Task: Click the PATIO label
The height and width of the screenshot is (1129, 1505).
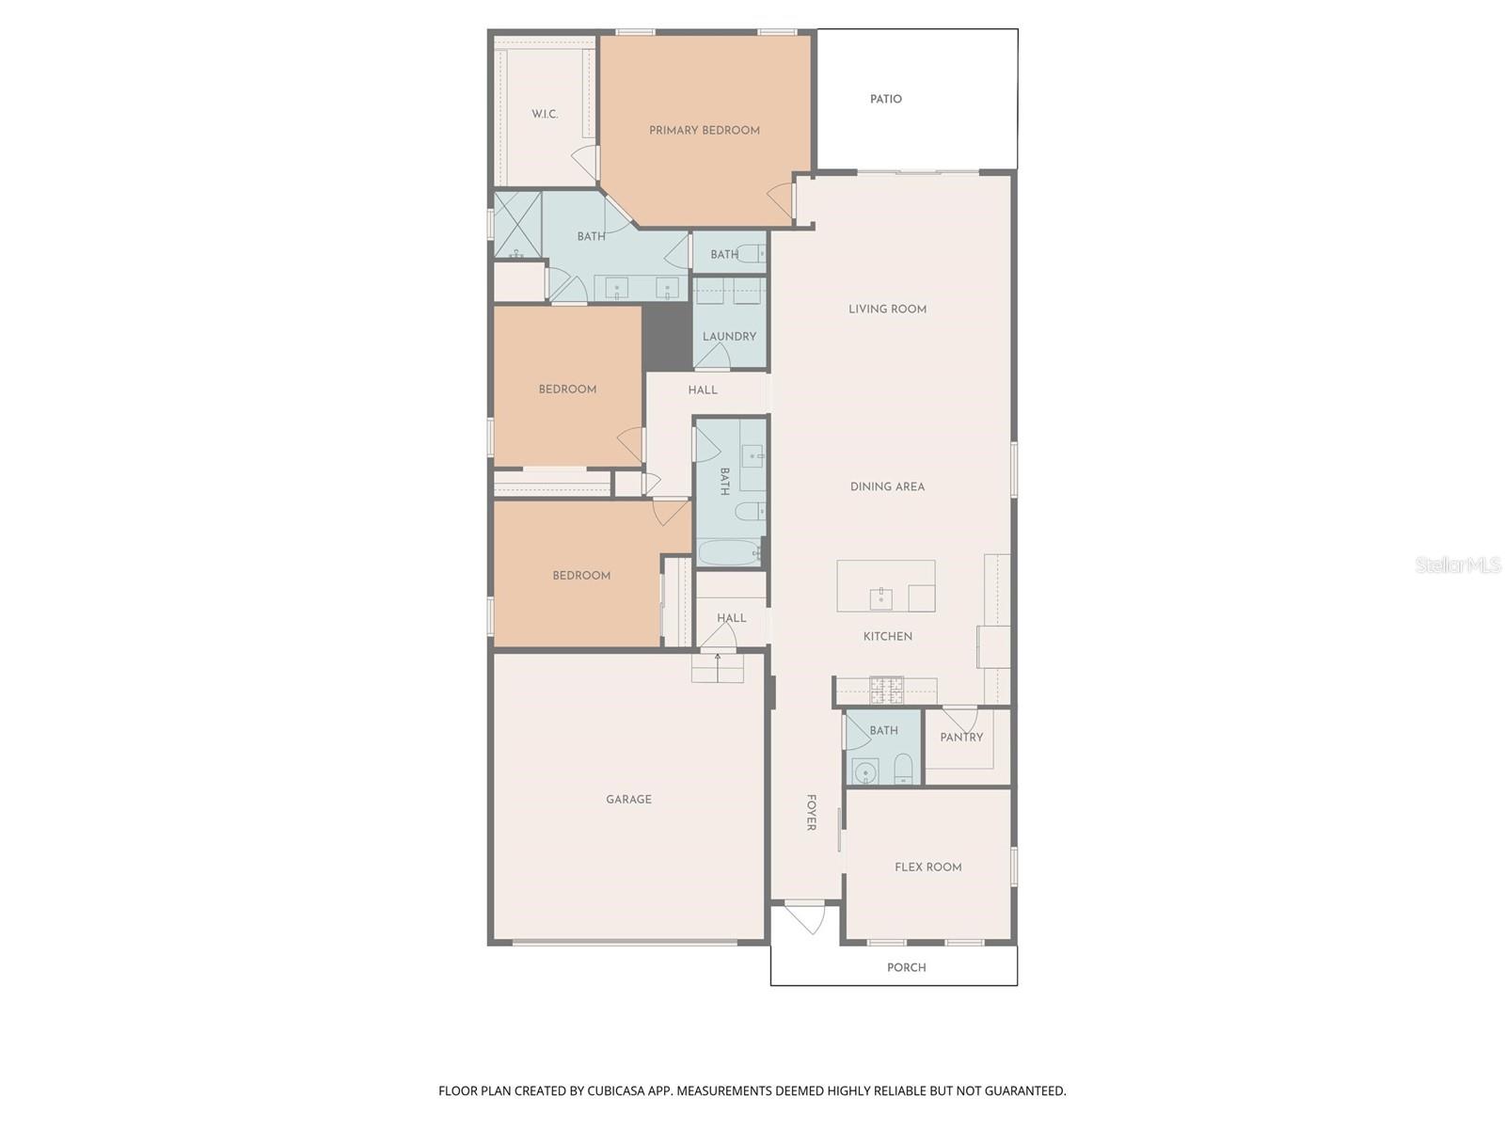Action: [885, 99]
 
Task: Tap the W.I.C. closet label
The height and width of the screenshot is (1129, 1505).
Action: [545, 114]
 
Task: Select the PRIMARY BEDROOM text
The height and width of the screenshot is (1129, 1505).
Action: [704, 131]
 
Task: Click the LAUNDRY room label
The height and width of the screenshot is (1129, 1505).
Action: [729, 336]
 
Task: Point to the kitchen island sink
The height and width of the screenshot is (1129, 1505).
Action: [880, 597]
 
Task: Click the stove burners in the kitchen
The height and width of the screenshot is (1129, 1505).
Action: [885, 692]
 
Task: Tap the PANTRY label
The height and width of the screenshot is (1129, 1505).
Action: [961, 738]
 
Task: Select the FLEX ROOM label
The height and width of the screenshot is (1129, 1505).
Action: [927, 867]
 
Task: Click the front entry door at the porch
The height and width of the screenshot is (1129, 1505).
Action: [805, 917]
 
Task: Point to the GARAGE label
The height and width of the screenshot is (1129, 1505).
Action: [628, 800]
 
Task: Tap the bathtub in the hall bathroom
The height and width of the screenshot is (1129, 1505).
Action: [730, 552]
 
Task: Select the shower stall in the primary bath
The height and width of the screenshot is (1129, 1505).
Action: [517, 225]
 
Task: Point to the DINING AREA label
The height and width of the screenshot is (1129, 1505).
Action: [887, 486]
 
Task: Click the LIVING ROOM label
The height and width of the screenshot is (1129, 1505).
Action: [887, 309]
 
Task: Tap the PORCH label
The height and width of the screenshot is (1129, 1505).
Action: [906, 967]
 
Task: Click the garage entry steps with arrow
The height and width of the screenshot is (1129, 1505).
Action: [718, 668]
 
